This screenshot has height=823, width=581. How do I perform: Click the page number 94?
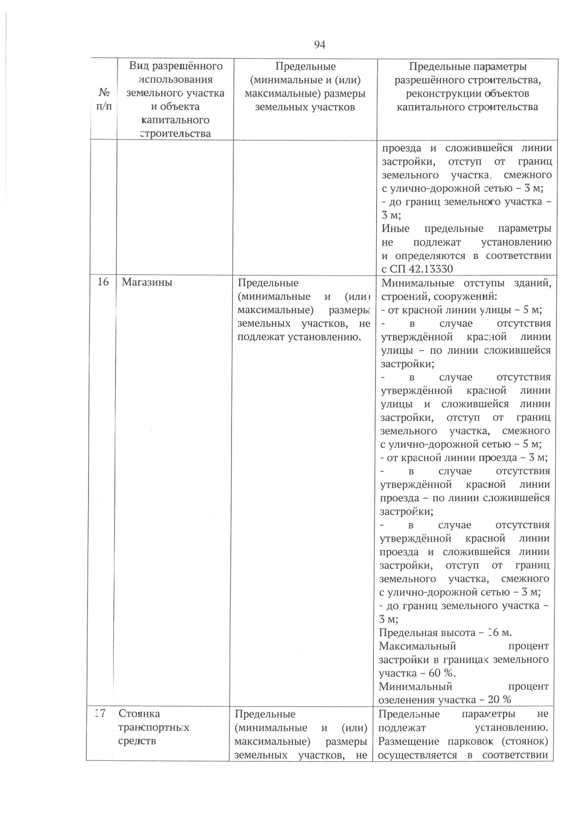coord(320,45)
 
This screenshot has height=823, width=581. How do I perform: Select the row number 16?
coord(103,282)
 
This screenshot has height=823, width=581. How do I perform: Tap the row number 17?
coord(100,713)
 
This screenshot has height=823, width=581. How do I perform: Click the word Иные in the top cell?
coord(395,228)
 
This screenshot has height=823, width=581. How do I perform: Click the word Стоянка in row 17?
coord(139,713)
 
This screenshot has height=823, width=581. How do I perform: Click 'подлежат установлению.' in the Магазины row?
coord(300,337)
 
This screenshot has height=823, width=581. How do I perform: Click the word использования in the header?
coord(175,79)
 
